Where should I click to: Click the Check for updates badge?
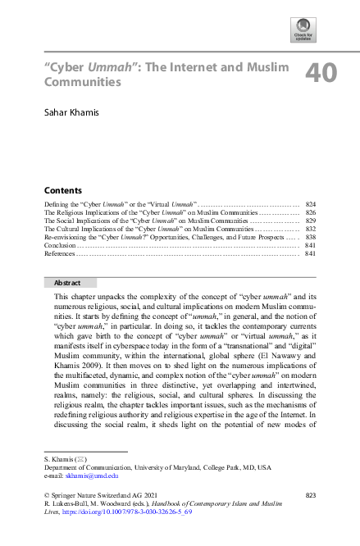coord(303,30)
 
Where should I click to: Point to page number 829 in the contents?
coord(310,222)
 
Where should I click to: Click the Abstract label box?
coord(67,283)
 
